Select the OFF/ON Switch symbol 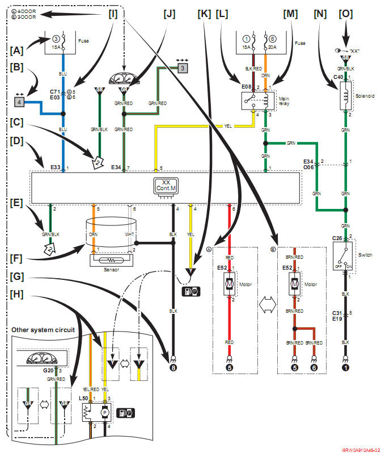point(345,250)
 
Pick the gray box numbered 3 point(183,68)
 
